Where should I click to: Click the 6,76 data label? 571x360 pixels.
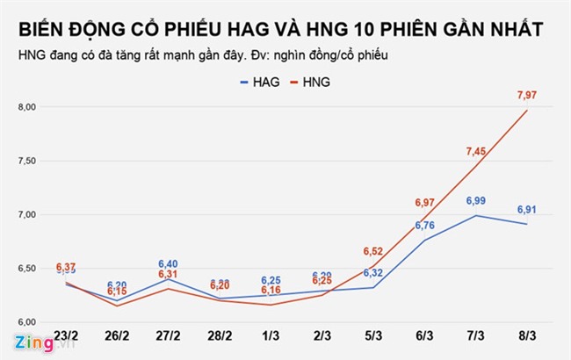point(424,226)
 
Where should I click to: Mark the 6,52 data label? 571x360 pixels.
point(373,250)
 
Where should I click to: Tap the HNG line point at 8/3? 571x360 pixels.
point(527,110)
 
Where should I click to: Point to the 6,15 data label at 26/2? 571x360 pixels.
point(118,292)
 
